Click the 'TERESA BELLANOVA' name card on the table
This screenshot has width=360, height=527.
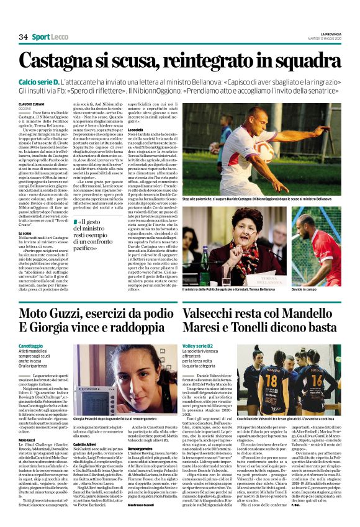tap(277, 277)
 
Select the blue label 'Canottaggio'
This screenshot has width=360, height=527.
tap(31, 346)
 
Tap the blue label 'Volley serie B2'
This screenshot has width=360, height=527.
tap(199, 346)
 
